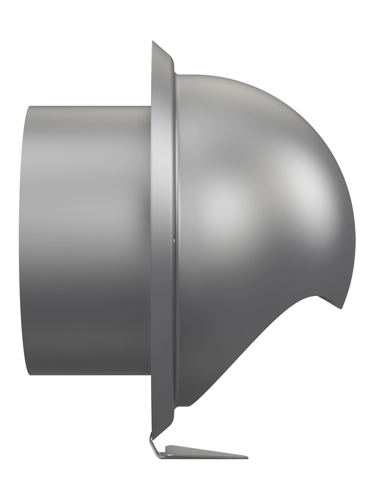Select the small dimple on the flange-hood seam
point(174,237)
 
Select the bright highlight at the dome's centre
point(220,203)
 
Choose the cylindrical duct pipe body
point(89,241)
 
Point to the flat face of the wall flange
point(162,241)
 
